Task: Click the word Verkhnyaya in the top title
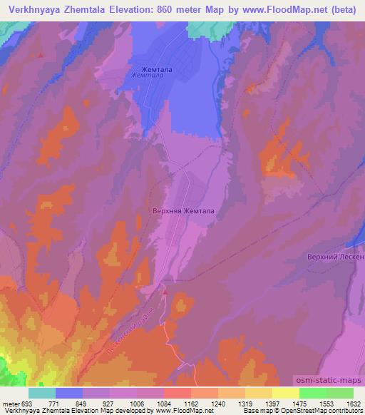coord(32,9)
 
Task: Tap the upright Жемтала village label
coord(149,68)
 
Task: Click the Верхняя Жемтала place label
coord(182,211)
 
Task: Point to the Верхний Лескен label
coord(335,256)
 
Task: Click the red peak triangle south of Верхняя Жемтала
coord(165,290)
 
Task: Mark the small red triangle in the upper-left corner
coord(42,54)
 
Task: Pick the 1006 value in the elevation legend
coord(137,404)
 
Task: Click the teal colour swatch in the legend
coord(41,393)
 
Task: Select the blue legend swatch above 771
coord(68,393)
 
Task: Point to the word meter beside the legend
coord(10,404)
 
